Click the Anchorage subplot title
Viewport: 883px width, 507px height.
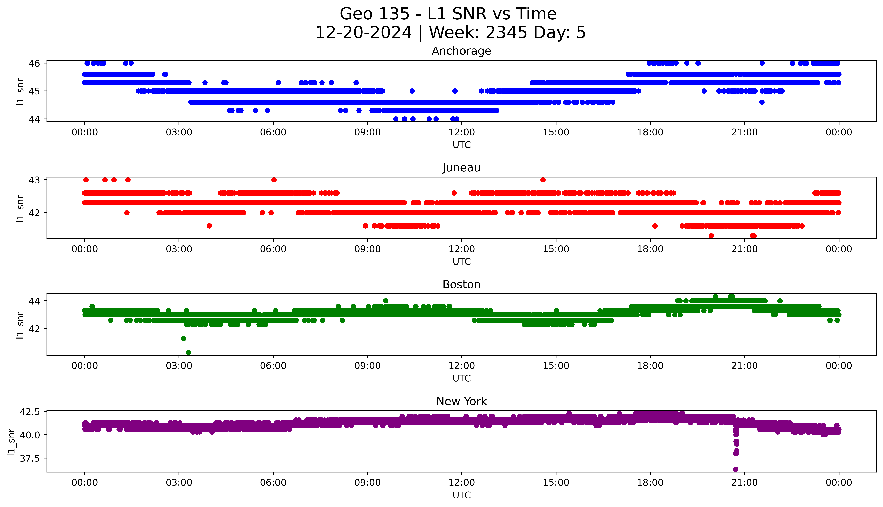[x=461, y=51]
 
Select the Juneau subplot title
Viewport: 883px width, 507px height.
[x=461, y=168]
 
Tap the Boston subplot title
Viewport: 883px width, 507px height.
[x=461, y=285]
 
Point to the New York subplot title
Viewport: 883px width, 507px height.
[x=461, y=402]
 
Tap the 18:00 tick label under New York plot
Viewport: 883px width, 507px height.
[x=650, y=483]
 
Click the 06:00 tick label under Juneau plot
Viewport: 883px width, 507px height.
[x=273, y=249]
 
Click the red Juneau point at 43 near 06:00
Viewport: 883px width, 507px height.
[x=274, y=180]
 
